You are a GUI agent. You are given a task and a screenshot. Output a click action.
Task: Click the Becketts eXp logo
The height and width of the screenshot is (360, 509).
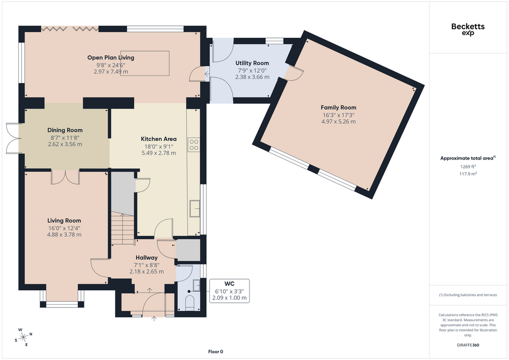tap(468, 29)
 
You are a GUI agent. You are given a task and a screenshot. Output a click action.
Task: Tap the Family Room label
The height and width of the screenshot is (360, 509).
tap(338, 107)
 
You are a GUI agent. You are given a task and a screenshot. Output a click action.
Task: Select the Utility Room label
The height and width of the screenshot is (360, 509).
tap(252, 63)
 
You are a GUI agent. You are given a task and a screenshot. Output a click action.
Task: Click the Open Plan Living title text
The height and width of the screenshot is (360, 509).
tap(111, 58)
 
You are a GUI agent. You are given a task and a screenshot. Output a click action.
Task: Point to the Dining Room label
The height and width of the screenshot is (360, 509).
tap(65, 130)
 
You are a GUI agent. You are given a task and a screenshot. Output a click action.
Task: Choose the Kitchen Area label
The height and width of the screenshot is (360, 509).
tap(159, 139)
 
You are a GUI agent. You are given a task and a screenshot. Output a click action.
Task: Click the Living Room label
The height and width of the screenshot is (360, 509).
tap(64, 221)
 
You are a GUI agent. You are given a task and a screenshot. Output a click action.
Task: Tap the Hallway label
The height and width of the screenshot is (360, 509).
tap(147, 258)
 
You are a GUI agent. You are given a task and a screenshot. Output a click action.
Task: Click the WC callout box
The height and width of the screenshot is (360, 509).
tap(230, 291)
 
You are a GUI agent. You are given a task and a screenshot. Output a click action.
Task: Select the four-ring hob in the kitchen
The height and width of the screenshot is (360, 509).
tap(194, 145)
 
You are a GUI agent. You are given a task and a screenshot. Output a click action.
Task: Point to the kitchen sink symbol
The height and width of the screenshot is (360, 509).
tap(195, 208)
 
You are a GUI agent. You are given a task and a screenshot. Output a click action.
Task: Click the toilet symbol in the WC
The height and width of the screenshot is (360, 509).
tap(189, 302)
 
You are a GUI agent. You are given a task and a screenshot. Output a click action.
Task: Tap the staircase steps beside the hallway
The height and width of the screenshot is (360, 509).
tap(123, 228)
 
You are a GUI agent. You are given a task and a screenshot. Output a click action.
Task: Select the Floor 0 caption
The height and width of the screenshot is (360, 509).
tap(216, 352)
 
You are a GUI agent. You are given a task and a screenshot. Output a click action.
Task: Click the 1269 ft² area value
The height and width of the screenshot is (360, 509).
tap(468, 167)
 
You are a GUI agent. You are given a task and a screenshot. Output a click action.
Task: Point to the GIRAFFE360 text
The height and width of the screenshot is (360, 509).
tap(468, 345)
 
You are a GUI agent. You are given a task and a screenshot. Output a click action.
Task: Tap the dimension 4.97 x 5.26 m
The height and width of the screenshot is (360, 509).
tap(338, 122)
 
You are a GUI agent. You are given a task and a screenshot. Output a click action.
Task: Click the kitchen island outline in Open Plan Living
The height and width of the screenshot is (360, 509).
tap(145, 63)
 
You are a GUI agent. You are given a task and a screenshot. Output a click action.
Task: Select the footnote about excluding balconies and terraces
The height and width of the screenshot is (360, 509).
tap(468, 295)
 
